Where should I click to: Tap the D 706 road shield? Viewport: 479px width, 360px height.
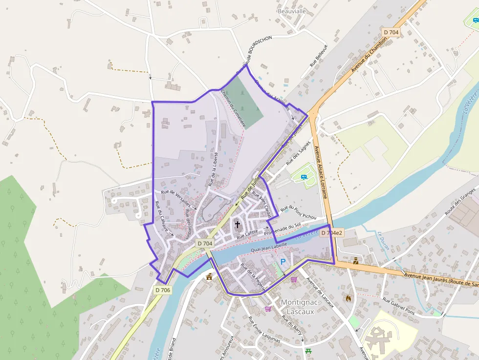click(163, 290)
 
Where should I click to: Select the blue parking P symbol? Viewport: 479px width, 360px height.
click(283, 262)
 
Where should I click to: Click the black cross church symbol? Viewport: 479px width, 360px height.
click(238, 225)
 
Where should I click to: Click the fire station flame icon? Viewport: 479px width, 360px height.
click(348, 297)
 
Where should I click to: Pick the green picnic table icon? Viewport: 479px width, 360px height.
click(308, 351)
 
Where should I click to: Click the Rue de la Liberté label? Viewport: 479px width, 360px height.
click(213, 169)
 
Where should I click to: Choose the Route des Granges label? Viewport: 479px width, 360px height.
click(460, 202)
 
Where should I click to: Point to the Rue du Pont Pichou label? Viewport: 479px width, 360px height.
click(299, 212)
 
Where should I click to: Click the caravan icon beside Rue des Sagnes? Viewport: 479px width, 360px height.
click(304, 177)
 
